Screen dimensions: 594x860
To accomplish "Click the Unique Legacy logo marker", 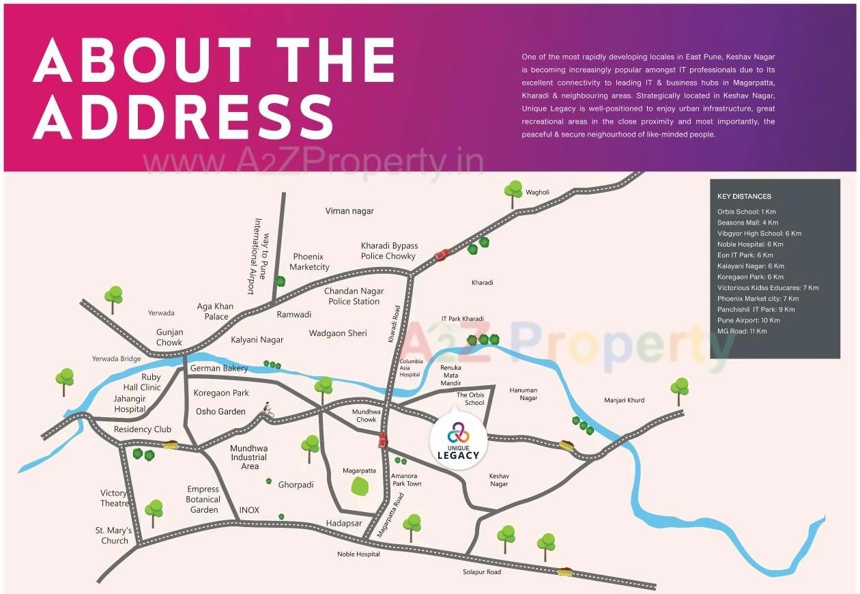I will (x=459, y=441).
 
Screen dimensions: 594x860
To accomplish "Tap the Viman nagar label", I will (x=349, y=211).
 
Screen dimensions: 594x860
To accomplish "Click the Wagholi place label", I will (x=537, y=193).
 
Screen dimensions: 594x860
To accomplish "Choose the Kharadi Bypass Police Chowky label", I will (x=389, y=251).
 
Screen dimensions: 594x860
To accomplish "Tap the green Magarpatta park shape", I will (x=360, y=486).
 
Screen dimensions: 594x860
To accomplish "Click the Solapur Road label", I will (x=481, y=571).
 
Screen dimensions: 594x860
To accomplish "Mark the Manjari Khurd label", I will (x=624, y=400).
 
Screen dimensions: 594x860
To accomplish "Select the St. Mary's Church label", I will (x=113, y=535).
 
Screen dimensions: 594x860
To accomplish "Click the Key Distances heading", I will (x=744, y=197).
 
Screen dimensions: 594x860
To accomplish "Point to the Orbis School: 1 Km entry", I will (x=746, y=212).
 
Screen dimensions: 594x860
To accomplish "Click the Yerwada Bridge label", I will (x=116, y=358).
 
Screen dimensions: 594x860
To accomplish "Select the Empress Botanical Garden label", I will (x=204, y=499).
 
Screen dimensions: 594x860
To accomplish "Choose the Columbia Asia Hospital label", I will (x=410, y=367).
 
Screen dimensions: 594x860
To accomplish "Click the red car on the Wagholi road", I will (x=442, y=255).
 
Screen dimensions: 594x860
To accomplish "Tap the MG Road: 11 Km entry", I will (x=742, y=331).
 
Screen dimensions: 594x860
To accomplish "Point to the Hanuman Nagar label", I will (x=524, y=394).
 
